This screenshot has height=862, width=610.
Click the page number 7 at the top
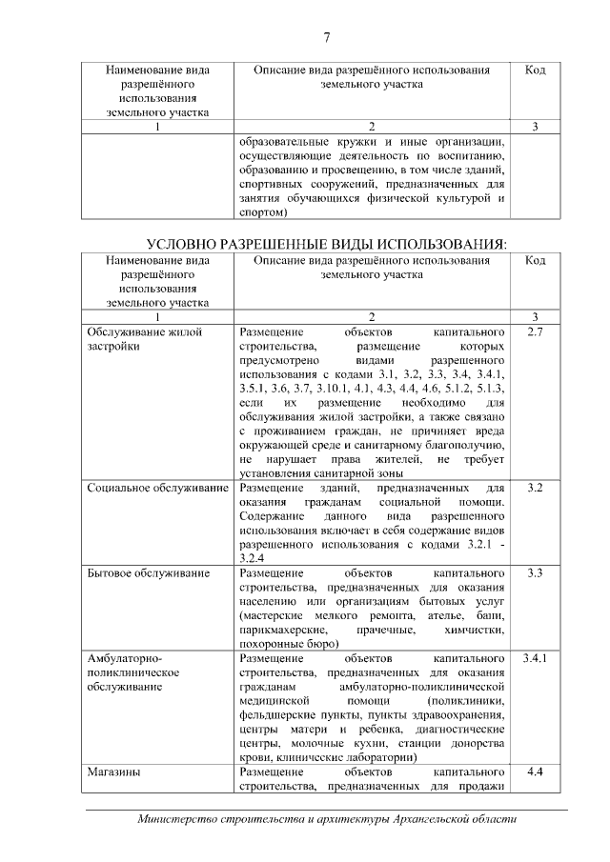(327, 37)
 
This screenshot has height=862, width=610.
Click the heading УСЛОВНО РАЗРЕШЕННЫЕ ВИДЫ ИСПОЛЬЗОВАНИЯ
(326, 243)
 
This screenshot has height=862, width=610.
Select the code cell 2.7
(535, 332)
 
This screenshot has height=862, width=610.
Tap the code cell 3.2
(535, 488)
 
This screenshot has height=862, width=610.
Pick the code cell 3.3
(535, 574)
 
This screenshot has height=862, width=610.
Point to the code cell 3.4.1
(535, 658)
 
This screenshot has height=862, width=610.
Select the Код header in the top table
(535, 70)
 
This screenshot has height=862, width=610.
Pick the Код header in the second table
(535, 260)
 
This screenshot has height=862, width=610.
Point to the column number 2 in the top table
(372, 127)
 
